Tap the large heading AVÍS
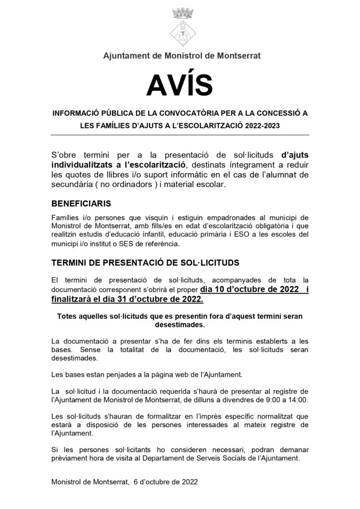pos(180,84)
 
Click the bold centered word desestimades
pos(180,325)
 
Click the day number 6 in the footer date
pos(136,482)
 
